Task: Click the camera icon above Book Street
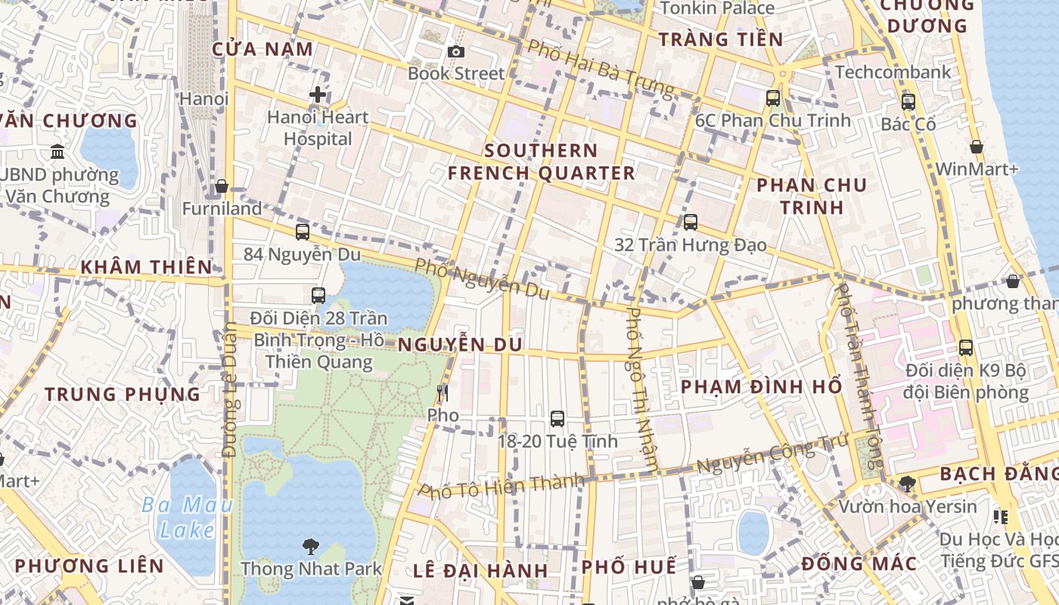[x=455, y=51]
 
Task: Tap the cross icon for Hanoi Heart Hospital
[x=318, y=95]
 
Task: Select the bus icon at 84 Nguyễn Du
[x=303, y=231]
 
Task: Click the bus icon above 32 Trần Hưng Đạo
[x=690, y=222]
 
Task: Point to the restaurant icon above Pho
[x=443, y=392]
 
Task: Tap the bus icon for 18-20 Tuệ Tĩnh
[x=557, y=418]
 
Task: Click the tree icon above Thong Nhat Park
[x=311, y=546]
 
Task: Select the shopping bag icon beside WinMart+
[x=977, y=147]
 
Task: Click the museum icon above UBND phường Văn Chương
[x=57, y=152]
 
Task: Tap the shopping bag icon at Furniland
[x=222, y=186]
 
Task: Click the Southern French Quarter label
[x=541, y=162]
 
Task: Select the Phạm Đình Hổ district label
[x=761, y=387]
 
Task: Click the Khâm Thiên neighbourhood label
[x=146, y=267]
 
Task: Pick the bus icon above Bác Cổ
[x=908, y=101]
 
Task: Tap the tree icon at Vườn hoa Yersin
[x=908, y=483]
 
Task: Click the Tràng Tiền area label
[x=720, y=39]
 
